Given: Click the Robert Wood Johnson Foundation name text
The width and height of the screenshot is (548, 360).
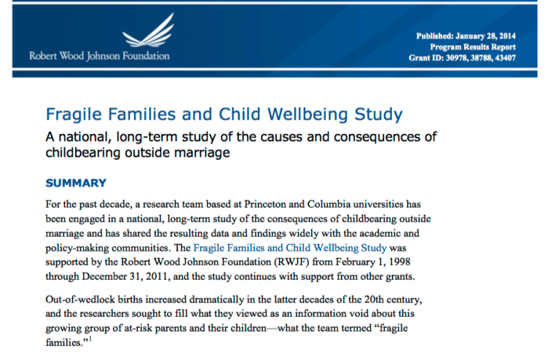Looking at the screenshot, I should tap(99, 56).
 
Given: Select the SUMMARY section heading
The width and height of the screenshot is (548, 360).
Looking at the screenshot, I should tap(75, 184).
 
